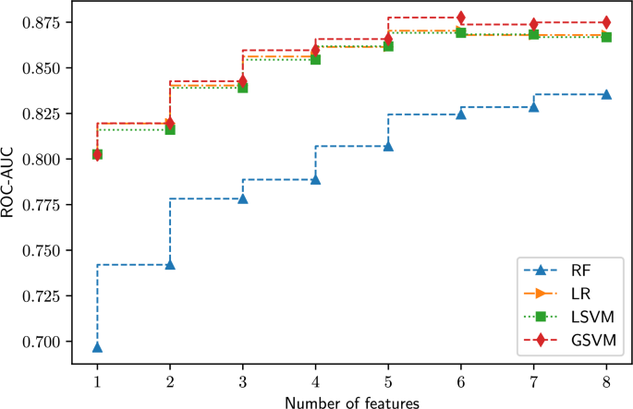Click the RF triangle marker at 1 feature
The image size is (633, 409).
click(97, 347)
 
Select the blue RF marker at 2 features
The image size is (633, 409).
click(169, 265)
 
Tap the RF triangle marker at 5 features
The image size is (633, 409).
click(388, 146)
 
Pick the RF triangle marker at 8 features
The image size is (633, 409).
click(606, 94)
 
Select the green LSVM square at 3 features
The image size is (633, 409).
click(242, 88)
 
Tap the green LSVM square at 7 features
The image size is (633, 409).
click(533, 34)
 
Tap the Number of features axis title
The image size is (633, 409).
click(351, 401)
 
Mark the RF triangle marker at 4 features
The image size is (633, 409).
click(315, 179)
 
